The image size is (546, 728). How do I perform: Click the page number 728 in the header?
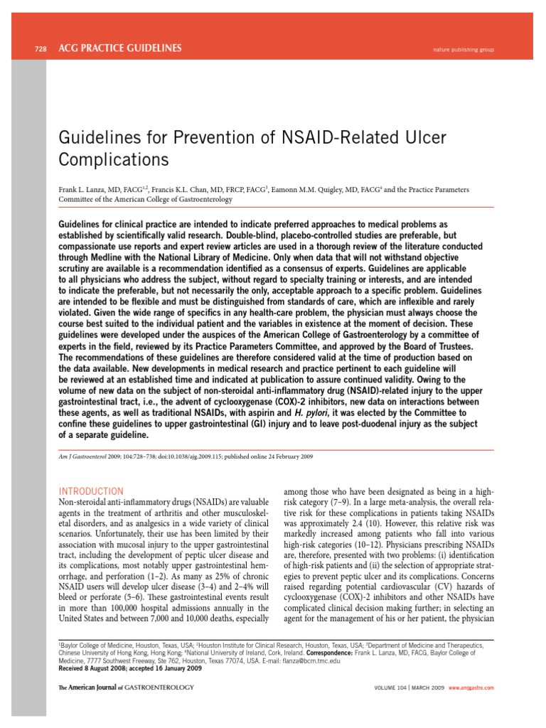pos(41,49)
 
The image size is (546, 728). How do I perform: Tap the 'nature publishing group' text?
pos(463,50)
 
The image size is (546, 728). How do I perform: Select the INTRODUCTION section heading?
pos(90,491)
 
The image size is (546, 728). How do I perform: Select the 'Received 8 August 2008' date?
pos(99,668)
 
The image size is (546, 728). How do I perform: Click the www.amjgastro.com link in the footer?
pos(471,688)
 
